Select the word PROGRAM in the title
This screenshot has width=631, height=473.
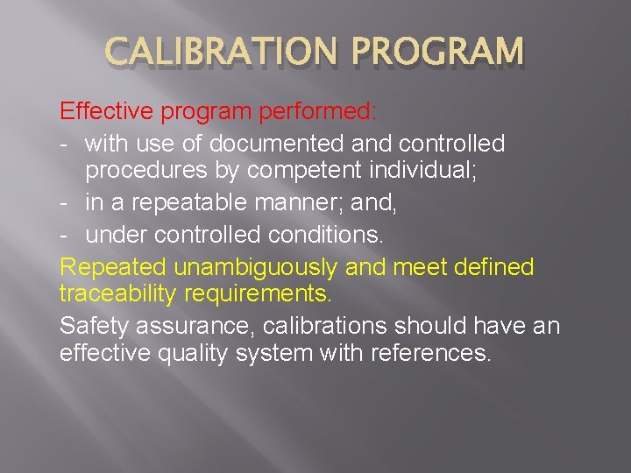pos(439,53)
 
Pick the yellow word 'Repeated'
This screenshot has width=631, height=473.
pos(113,265)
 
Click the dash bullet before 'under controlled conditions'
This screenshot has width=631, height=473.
pos(67,235)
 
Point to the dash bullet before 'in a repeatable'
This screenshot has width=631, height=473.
pos(67,204)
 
